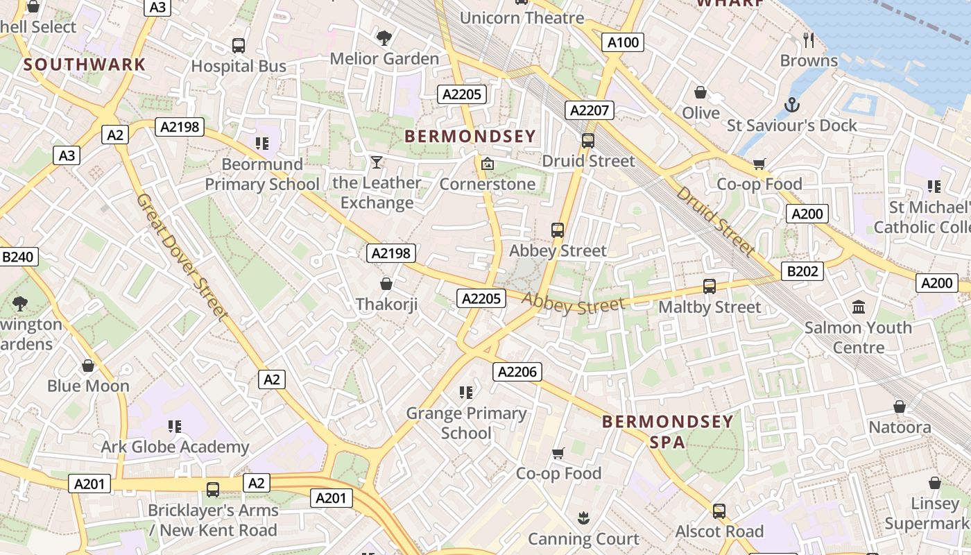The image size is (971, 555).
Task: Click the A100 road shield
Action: point(623,42)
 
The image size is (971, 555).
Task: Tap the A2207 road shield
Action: point(590,110)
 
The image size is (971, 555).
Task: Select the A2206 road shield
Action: point(517,372)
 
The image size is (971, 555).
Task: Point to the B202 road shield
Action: point(802,271)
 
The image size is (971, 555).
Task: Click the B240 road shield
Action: point(17,257)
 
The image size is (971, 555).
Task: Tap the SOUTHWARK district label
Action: point(85,65)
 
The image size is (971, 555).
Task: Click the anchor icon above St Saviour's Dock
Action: point(791,105)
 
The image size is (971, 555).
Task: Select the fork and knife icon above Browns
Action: point(808,40)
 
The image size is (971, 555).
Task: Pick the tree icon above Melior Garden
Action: point(384,37)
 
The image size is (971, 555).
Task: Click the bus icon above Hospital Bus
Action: point(239,46)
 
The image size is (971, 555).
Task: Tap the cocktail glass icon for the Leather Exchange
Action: point(377,162)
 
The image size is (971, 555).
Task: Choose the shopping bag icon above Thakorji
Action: point(386,284)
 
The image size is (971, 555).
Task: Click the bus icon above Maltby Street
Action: point(709,286)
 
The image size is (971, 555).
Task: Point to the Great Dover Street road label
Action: point(182,257)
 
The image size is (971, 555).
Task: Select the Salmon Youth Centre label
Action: point(858,337)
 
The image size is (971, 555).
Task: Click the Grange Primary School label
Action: point(466,423)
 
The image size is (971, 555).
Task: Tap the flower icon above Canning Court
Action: point(583,518)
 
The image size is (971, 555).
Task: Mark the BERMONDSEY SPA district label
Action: point(667,432)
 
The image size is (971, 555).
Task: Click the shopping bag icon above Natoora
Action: point(900,407)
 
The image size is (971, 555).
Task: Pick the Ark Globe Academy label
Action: point(175,447)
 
